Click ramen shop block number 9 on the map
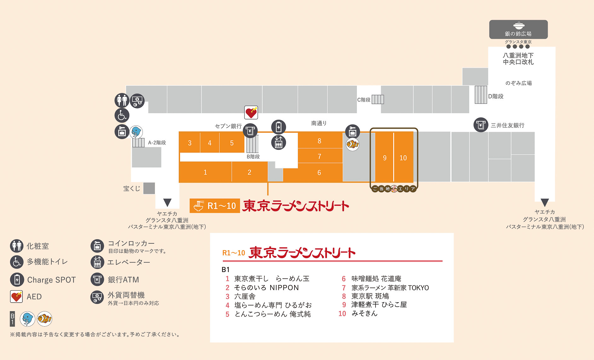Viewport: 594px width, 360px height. click(384, 158)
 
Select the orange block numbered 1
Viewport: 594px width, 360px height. click(205, 172)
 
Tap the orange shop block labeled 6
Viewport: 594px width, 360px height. click(319, 172)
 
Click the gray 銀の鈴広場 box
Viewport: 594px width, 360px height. click(518, 29)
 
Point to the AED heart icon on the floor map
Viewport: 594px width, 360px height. click(251, 113)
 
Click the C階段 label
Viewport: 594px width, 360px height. click(364, 100)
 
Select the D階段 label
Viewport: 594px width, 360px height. click(496, 96)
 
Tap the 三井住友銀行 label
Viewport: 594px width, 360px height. click(507, 125)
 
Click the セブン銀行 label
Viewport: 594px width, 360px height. click(228, 126)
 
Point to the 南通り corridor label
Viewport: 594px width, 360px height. click(319, 123)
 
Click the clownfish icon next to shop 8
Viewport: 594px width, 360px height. click(352, 144)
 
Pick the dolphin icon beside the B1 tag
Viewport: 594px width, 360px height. click(27, 319)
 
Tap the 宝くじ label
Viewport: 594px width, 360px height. click(131, 189)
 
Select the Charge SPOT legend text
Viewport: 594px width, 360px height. click(51, 280)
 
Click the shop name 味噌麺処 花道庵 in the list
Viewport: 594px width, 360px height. click(376, 279)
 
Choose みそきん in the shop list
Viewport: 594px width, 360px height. click(364, 313)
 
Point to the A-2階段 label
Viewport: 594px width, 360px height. click(157, 142)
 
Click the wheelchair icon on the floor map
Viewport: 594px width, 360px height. click(122, 115)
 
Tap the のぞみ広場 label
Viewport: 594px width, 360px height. click(518, 83)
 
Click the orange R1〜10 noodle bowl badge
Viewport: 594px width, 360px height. click(215, 206)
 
